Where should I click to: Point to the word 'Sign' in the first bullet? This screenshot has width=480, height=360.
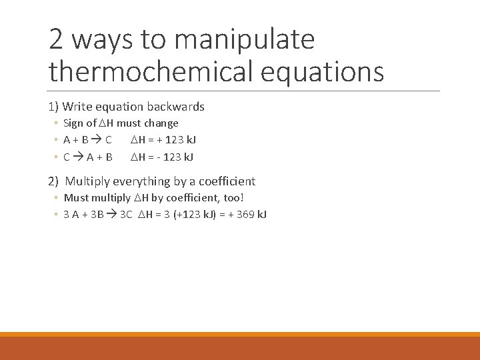click(74, 123)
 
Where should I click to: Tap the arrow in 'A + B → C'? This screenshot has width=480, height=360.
click(97, 140)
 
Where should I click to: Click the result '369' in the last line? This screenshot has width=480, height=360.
click(245, 215)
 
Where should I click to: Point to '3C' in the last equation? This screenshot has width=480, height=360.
click(126, 215)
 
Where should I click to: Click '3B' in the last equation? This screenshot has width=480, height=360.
click(97, 215)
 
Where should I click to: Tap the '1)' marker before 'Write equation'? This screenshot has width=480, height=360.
click(53, 107)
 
